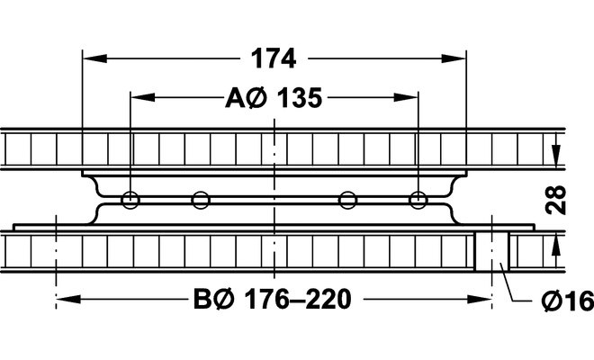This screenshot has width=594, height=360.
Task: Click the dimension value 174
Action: pos(274,58)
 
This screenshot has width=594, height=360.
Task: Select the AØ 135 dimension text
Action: pos(274,98)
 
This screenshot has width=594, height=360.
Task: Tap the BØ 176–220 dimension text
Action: pos(273,300)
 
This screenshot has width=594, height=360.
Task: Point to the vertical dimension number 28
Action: pos(555,200)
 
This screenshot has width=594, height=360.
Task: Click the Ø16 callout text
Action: pos(568,301)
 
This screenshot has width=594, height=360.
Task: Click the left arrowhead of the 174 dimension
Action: pos(94,58)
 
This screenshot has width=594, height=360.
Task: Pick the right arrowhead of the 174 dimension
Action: pos(454,58)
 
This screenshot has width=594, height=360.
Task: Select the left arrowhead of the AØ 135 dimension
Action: pos(143,97)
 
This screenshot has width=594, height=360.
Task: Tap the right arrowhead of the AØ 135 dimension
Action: pos(406,97)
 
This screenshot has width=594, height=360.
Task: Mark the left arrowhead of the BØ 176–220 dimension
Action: pos(68,300)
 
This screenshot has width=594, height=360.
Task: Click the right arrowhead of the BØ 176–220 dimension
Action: pos(479,300)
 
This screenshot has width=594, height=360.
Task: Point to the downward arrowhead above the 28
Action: pos(555,156)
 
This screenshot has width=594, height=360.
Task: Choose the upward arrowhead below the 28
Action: pos(555,247)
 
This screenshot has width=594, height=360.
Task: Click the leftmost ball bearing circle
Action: pos(130,200)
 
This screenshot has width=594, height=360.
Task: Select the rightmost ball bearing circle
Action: pos(418,200)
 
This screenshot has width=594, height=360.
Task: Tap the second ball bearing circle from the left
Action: pos(201,200)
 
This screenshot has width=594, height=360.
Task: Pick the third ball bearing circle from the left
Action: pos(347,200)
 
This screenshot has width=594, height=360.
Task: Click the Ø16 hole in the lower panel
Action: pos(492,250)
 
